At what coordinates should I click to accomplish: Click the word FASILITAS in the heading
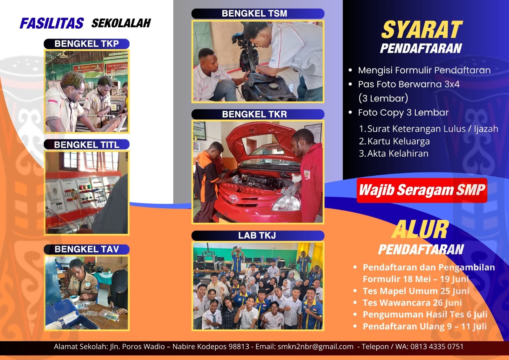(x=52, y=23)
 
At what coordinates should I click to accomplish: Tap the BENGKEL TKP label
(x=87, y=44)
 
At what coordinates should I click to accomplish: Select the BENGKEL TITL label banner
(x=87, y=145)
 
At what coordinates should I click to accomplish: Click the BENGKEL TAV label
(x=87, y=249)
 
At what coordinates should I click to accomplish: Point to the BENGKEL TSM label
(x=258, y=13)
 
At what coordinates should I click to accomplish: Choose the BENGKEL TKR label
(x=258, y=114)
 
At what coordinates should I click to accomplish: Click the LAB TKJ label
(x=258, y=236)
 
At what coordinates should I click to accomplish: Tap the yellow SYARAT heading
(x=422, y=30)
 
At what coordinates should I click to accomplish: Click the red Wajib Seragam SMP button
(x=422, y=190)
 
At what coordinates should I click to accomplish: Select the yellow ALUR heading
(x=420, y=229)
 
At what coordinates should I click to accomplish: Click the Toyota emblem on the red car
(x=233, y=199)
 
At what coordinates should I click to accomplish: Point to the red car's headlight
(x=286, y=203)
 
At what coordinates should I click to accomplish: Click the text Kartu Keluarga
(x=399, y=141)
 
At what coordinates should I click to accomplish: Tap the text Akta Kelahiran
(x=398, y=153)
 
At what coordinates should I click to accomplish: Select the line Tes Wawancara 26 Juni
(x=412, y=303)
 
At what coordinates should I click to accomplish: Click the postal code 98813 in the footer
(x=239, y=347)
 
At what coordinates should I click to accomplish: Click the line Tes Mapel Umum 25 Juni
(x=416, y=291)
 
